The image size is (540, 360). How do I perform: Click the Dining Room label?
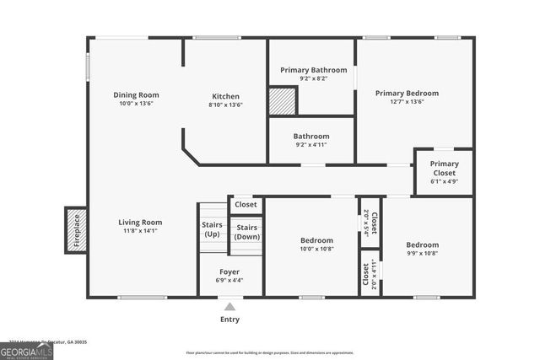point(136,95)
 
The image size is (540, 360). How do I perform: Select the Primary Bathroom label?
point(313,70)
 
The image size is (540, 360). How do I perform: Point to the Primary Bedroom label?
point(407,93)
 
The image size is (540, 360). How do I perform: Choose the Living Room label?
point(139,223)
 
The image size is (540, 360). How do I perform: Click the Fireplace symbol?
point(76,229)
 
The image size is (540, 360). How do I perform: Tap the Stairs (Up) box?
point(211,228)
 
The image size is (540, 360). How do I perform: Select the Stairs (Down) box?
point(246,232)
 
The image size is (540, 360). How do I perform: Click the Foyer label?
point(230,272)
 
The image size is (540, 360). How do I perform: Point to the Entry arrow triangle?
point(229,306)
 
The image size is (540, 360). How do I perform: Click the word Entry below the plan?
point(229,320)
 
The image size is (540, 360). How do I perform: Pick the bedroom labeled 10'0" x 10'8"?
point(316,244)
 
